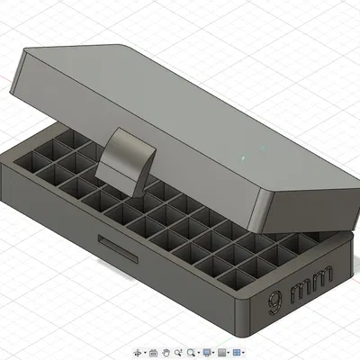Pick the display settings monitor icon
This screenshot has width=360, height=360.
point(208,352)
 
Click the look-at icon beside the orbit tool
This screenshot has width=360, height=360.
point(154,352)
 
